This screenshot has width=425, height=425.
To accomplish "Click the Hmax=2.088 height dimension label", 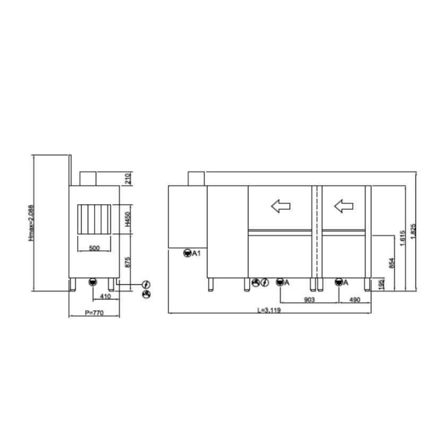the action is pyautogui.click(x=31, y=223).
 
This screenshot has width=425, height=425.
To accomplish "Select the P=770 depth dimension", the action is pyautogui.click(x=94, y=313).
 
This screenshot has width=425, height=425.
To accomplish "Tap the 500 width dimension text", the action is pyautogui.click(x=94, y=248).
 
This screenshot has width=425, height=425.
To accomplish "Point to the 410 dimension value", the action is pyautogui.click(x=105, y=296).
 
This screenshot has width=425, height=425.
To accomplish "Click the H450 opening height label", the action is pyautogui.click(x=127, y=219).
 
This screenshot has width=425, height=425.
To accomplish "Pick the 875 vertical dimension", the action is pyautogui.click(x=127, y=262).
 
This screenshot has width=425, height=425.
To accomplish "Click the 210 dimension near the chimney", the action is pyautogui.click(x=127, y=178).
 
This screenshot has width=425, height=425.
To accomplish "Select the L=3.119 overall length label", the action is pyautogui.click(x=269, y=310).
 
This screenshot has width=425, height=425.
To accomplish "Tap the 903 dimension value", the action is pyautogui.click(x=309, y=300).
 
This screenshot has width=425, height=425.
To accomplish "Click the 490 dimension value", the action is pyautogui.click(x=354, y=300).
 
